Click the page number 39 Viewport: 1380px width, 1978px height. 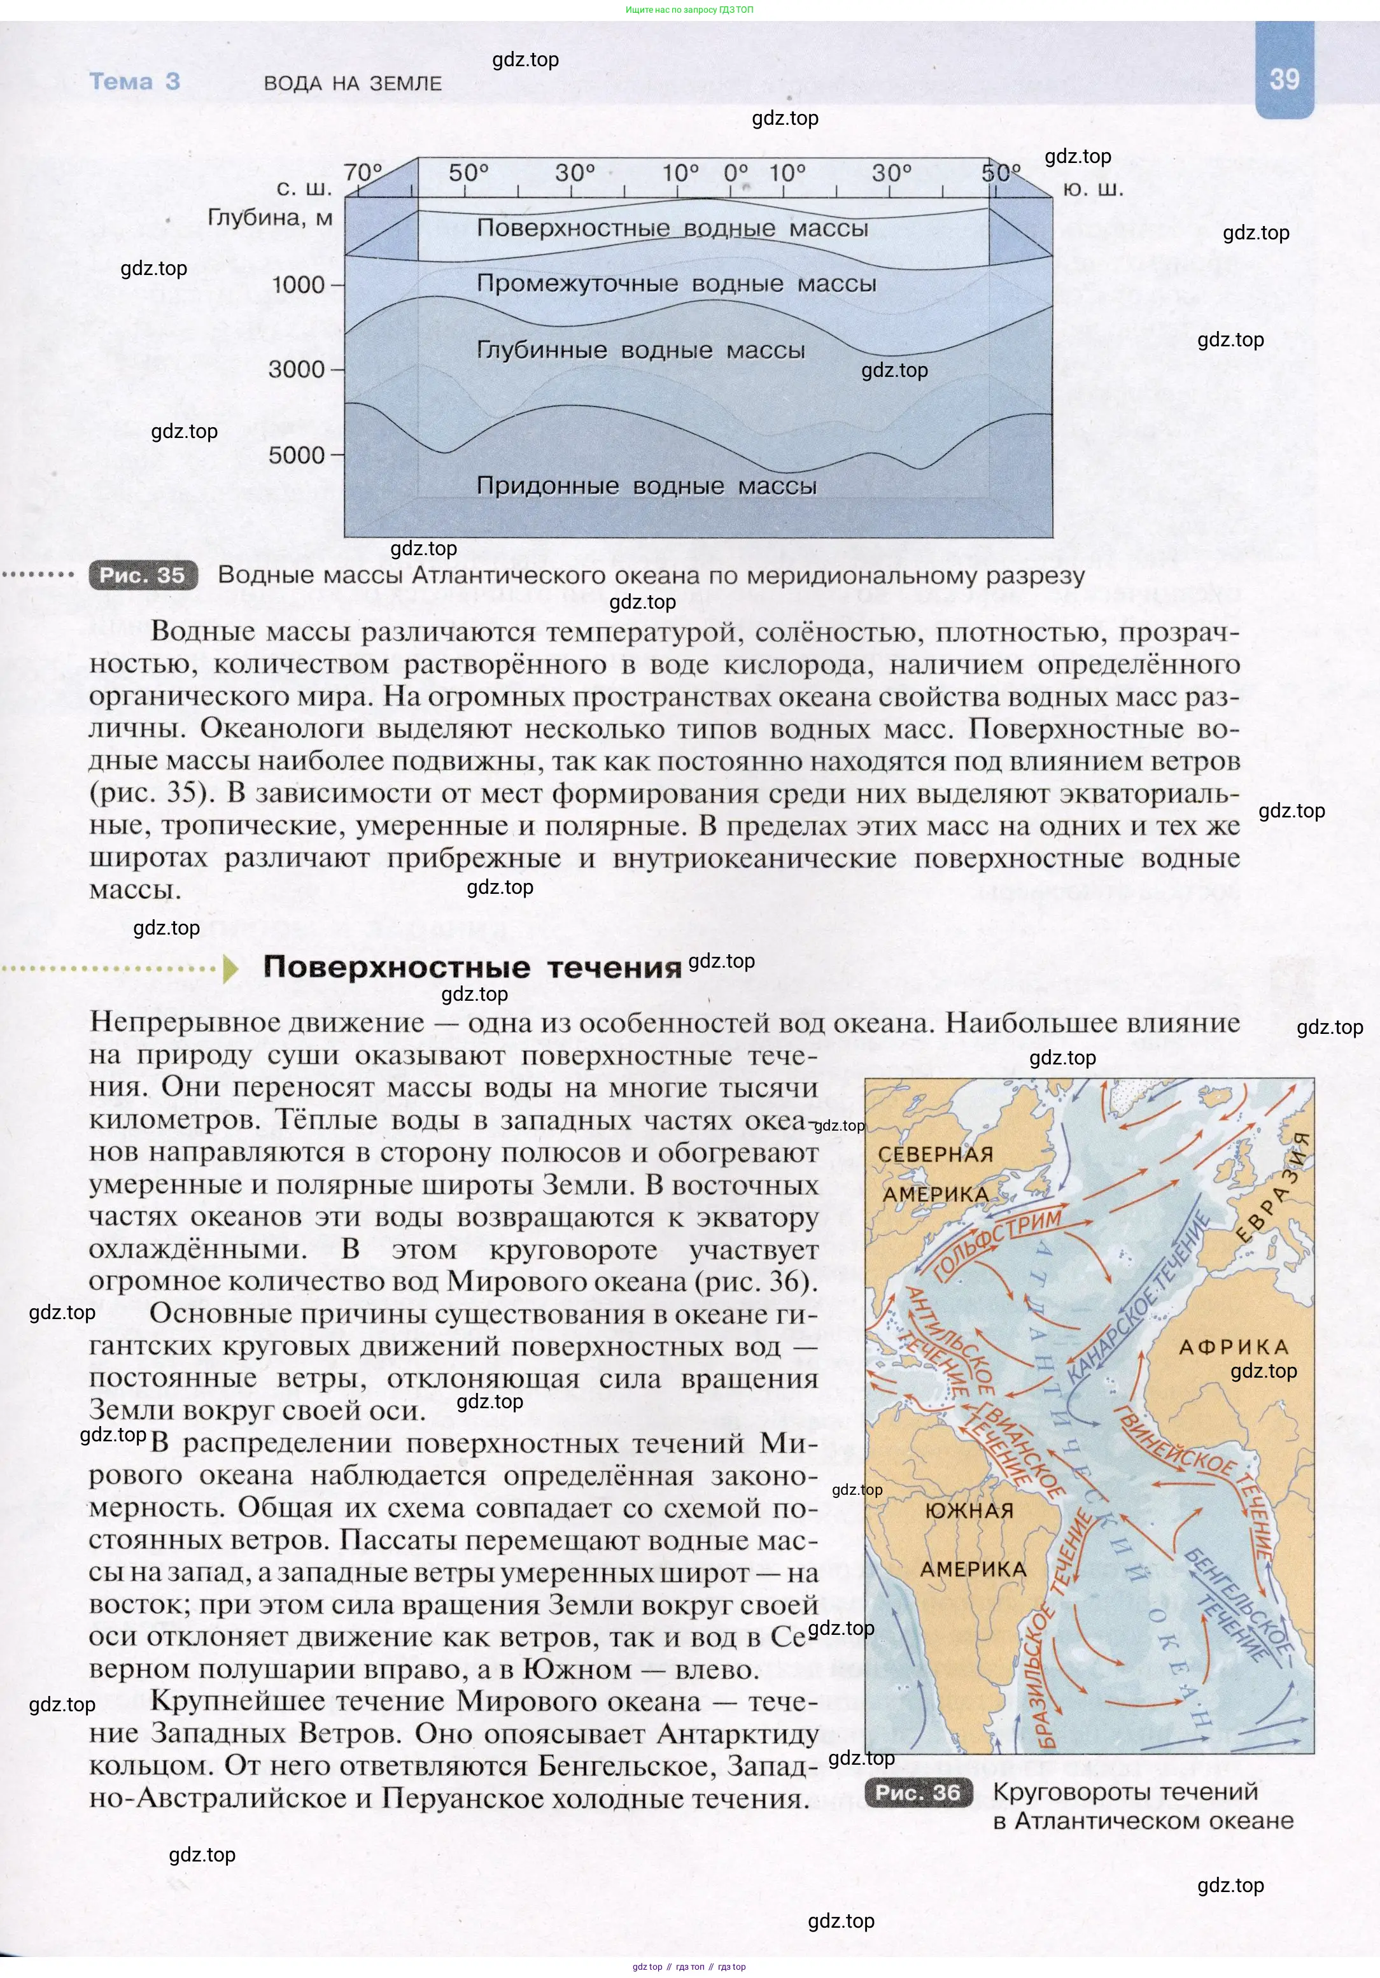coord(1283,79)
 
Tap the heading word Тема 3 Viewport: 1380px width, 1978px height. coord(134,82)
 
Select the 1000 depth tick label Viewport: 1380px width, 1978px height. coord(298,285)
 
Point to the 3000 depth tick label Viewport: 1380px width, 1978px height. coord(297,370)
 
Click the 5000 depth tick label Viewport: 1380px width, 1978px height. coord(297,455)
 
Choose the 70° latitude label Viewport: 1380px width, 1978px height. coord(363,173)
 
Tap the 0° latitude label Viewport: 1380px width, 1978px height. coord(736,173)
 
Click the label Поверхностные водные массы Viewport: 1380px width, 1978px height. coord(672,229)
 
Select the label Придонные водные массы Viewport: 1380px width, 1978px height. coord(646,486)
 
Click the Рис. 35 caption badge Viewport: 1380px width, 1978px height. coord(143,576)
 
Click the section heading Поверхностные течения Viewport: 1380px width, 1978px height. coord(472,968)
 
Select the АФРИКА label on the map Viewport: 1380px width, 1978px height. coord(1233,1347)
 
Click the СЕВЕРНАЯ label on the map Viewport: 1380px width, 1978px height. coord(936,1154)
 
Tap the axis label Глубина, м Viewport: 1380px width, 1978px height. coord(270,218)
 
